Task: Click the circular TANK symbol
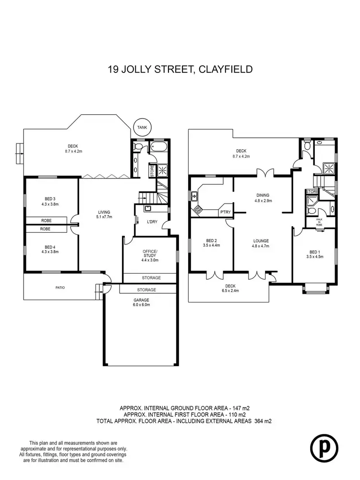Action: [142, 127]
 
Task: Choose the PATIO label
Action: [60, 288]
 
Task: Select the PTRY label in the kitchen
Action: [224, 212]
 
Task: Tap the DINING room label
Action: [263, 195]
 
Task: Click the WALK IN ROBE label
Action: [319, 223]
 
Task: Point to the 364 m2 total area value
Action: [262, 421]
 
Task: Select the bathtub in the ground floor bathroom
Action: [157, 146]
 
